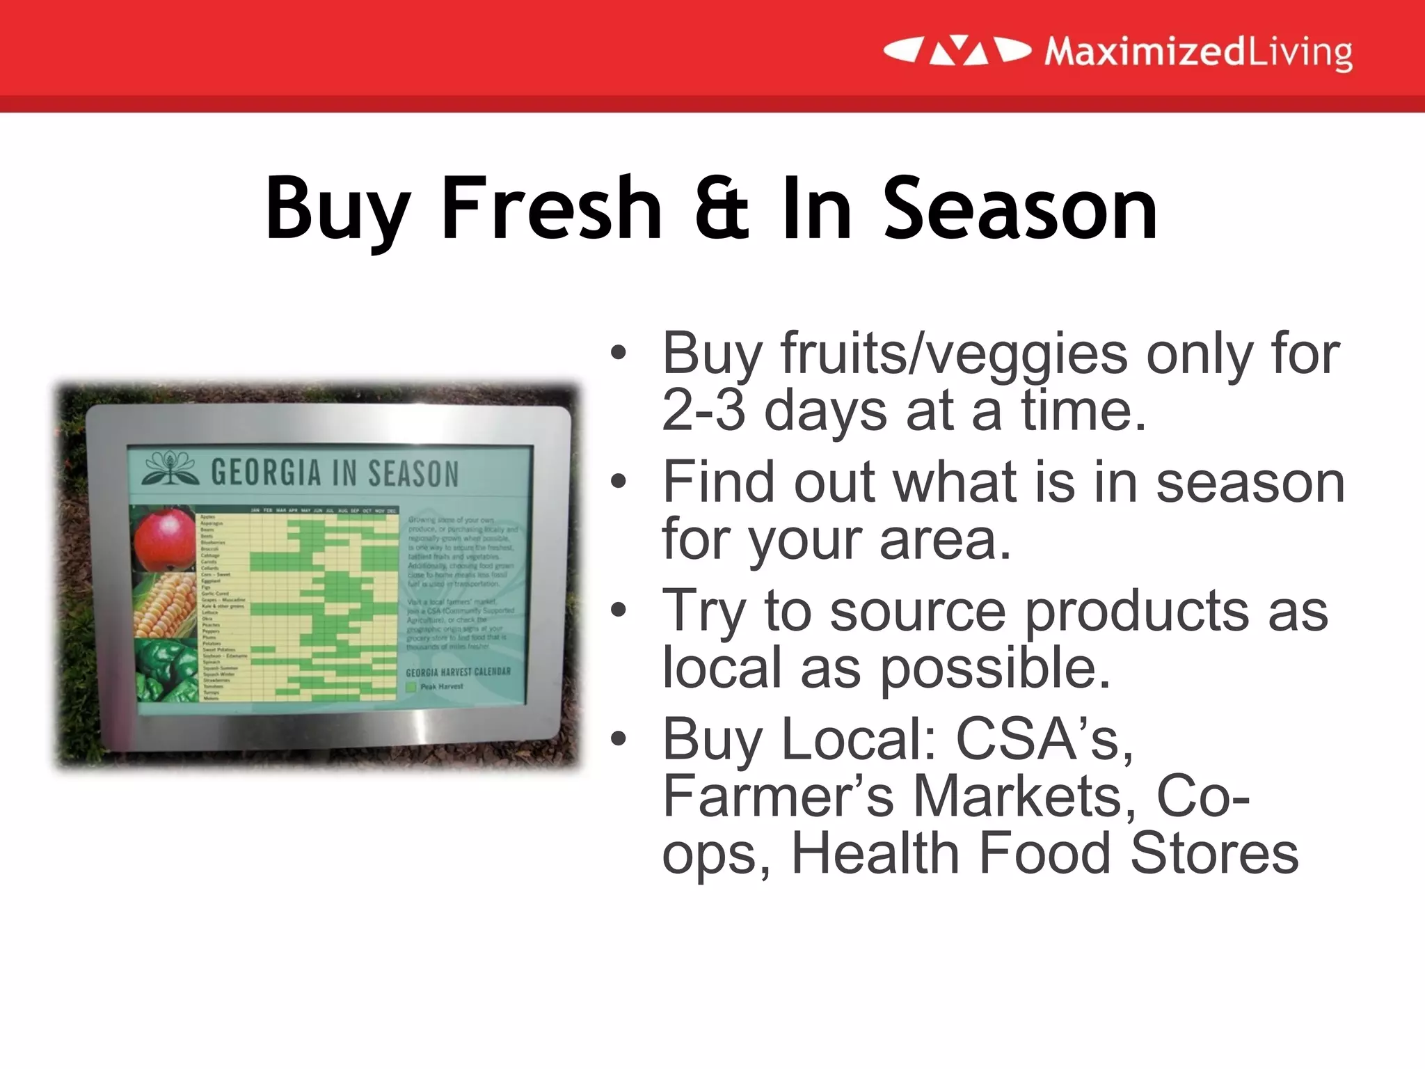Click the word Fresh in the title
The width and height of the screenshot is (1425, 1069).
pos(551,209)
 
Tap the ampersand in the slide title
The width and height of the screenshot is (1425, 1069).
pos(722,209)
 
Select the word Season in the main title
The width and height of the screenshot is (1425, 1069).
pos(1020,209)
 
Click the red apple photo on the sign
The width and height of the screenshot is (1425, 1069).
pos(164,540)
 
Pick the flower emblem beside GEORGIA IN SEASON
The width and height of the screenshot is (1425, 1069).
pos(169,470)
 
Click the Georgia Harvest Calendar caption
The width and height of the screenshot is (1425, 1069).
pos(458,672)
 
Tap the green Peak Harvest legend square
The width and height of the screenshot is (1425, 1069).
pos(411,687)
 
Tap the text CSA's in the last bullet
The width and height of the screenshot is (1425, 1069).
pos(1044,739)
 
